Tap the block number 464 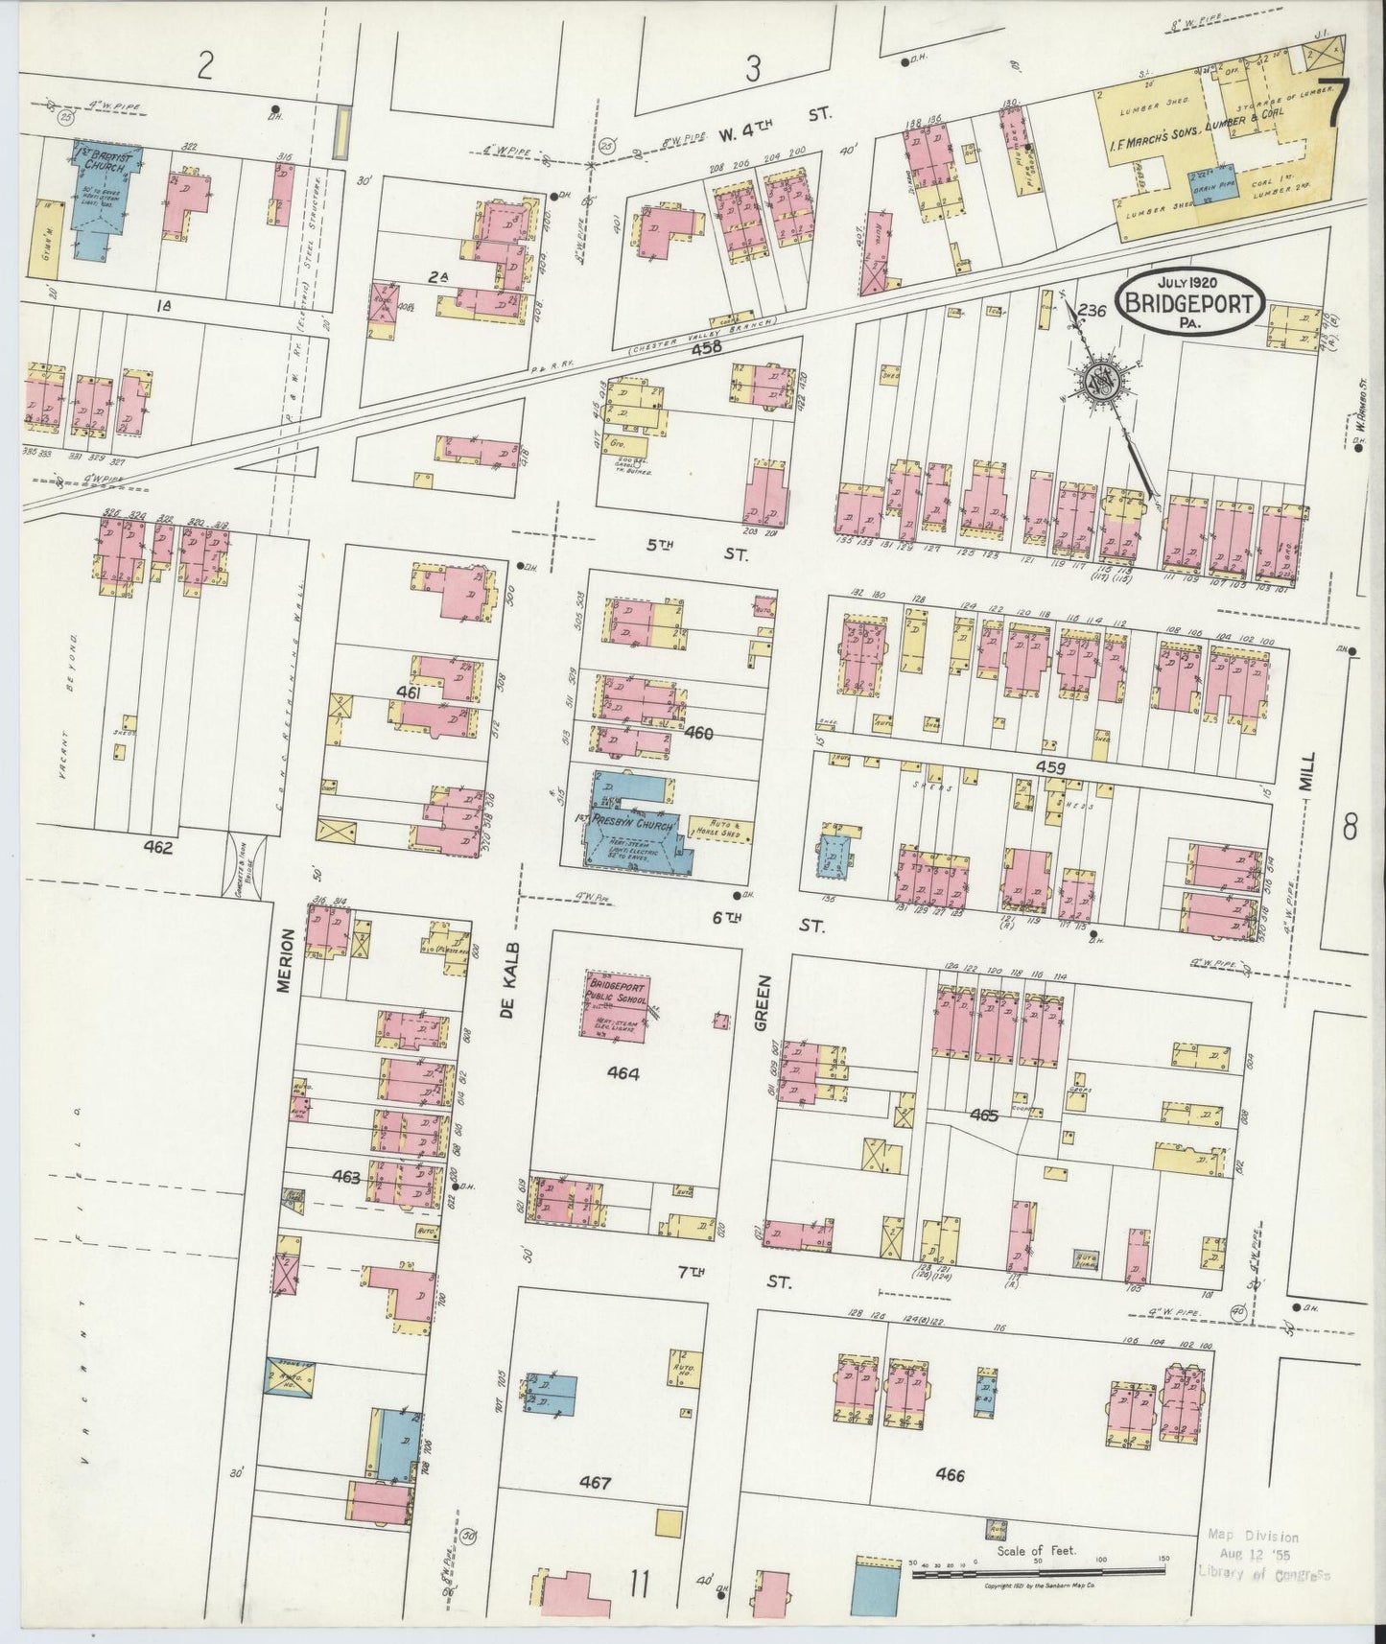click(623, 1074)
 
